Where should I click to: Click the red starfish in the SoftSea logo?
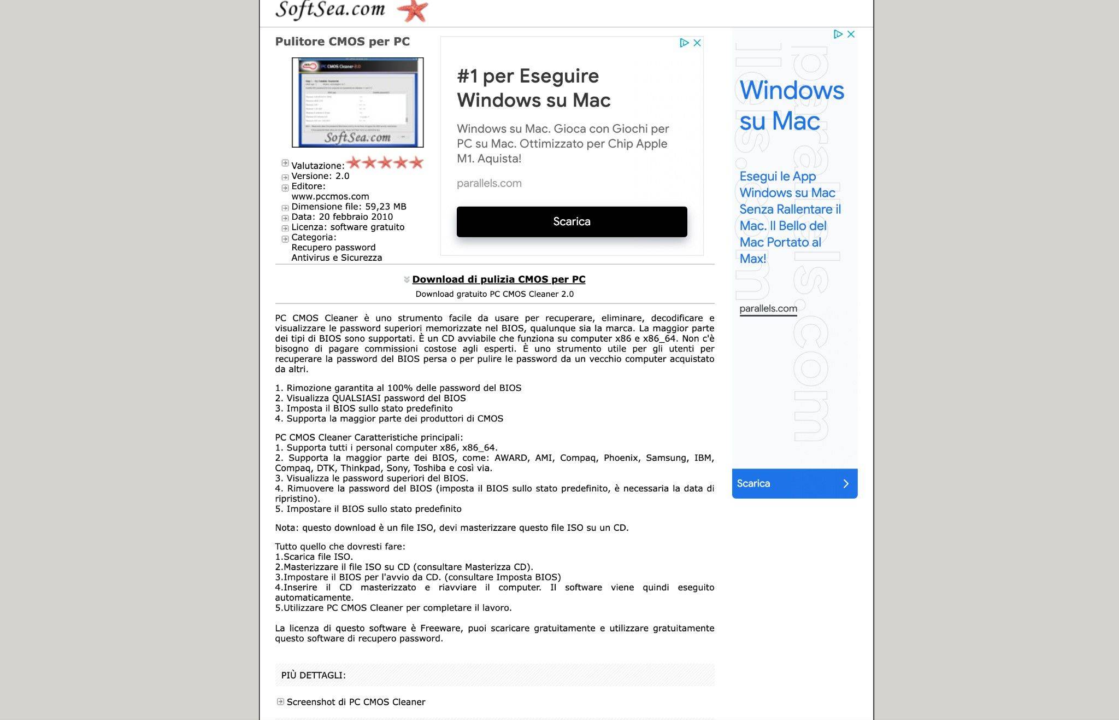(413, 11)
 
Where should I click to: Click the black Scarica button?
(572, 221)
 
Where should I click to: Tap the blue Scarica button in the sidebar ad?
(794, 483)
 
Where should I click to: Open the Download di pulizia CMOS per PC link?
(498, 279)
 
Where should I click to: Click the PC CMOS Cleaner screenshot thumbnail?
(357, 102)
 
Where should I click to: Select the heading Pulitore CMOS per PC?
(342, 42)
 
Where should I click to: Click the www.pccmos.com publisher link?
(330, 196)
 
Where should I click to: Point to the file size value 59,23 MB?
(385, 207)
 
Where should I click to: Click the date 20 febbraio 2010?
(356, 216)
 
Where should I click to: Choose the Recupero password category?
(333, 247)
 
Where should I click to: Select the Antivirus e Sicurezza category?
(337, 257)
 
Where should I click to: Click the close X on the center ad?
(697, 43)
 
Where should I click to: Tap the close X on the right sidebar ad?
(851, 34)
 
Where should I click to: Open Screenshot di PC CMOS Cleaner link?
(356, 702)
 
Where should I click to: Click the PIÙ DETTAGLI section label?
(313, 675)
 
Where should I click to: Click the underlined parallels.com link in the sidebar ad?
(768, 308)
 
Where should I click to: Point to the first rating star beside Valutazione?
(354, 162)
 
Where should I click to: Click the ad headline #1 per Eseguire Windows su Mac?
(533, 88)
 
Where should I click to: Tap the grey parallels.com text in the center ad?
(489, 183)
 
